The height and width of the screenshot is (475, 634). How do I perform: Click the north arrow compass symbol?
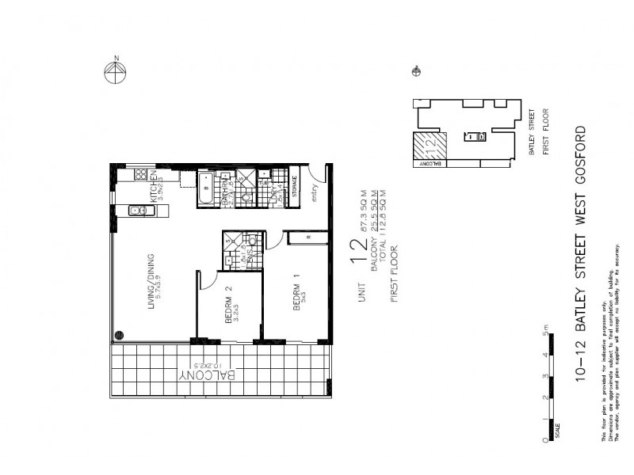116,72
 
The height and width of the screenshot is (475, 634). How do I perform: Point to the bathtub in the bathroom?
206,189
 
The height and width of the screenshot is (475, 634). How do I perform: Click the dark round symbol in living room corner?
120,335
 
